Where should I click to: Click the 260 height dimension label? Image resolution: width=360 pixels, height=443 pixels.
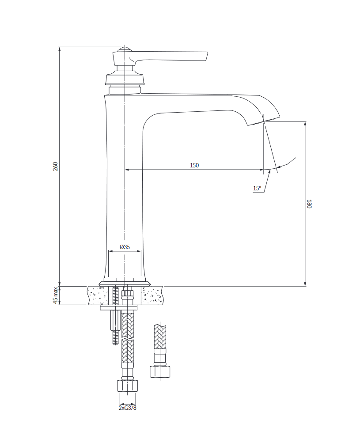56,166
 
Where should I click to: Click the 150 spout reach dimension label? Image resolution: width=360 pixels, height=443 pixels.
194,165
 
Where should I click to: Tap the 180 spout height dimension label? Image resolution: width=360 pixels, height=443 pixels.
309,204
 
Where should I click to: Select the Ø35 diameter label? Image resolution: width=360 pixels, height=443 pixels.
125,246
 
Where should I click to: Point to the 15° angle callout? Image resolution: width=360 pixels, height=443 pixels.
257,188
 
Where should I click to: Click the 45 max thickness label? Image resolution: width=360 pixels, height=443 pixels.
56,295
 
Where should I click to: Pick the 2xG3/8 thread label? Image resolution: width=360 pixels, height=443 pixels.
128,408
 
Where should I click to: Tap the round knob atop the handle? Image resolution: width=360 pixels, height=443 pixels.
124,49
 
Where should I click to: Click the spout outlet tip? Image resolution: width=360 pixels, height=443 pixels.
265,121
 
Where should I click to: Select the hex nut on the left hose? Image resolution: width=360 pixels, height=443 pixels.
127,386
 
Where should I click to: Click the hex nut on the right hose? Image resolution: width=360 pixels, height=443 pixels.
160,371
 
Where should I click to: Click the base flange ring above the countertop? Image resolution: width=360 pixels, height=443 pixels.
124,284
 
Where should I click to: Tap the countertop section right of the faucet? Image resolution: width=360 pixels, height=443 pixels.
152,295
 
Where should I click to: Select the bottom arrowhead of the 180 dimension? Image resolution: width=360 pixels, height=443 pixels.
305,284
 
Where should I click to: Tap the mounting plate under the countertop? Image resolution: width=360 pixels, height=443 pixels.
118,308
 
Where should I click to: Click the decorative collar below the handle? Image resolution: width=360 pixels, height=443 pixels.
124,79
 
